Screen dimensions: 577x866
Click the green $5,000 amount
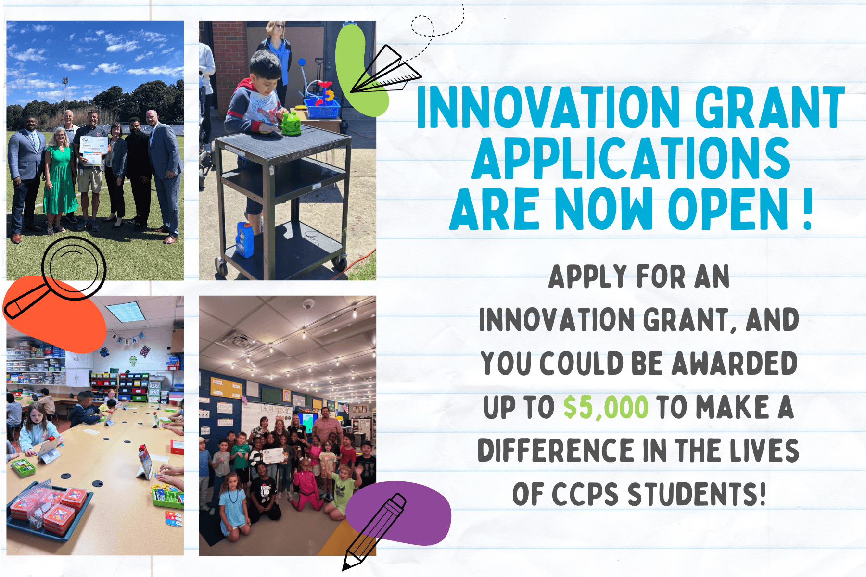(x=606, y=407)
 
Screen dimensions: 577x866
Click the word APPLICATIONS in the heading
(x=631, y=158)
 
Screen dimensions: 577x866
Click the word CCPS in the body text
(x=585, y=494)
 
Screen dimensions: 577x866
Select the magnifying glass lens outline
(x=73, y=267)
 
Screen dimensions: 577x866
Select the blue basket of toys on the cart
(x=321, y=107)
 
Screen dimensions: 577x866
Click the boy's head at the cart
(x=265, y=67)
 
